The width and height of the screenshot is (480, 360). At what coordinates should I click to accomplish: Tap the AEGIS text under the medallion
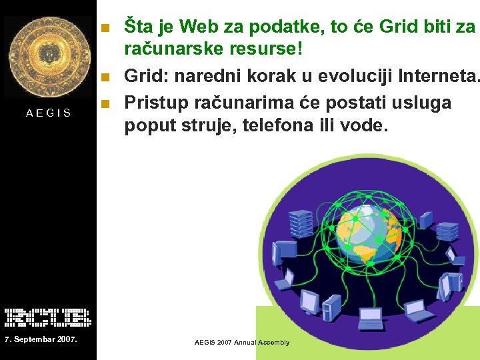click(49, 113)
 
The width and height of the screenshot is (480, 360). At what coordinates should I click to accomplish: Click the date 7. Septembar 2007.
click(40, 341)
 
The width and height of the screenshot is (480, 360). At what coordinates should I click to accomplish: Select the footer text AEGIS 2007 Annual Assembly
click(242, 343)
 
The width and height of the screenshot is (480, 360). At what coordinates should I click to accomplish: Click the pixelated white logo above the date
click(48, 317)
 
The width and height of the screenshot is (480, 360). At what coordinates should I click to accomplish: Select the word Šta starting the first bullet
click(139, 27)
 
